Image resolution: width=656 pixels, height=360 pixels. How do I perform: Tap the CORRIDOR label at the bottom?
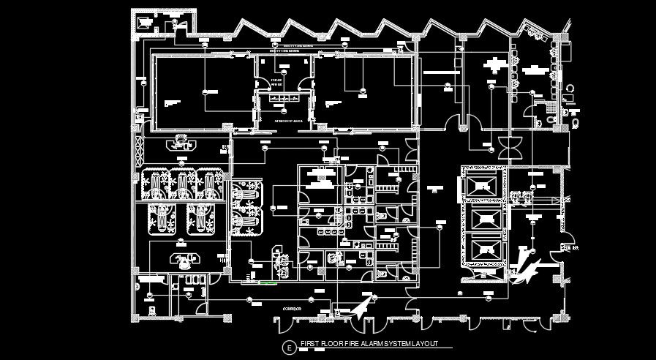(292, 309)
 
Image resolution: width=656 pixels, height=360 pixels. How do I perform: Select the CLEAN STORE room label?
(277, 81)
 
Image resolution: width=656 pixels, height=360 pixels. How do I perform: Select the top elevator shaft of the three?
(483, 184)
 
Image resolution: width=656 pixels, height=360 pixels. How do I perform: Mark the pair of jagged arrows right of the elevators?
(525, 266)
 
